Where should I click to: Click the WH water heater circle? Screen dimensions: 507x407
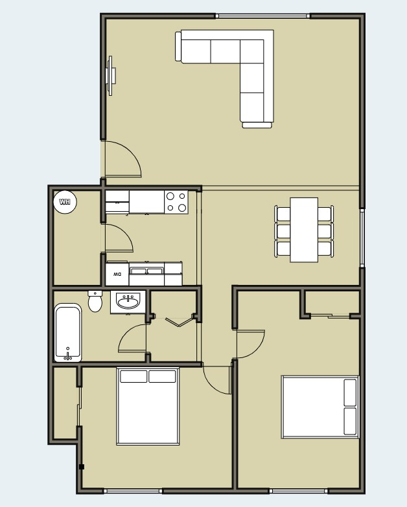pyautogui.click(x=65, y=202)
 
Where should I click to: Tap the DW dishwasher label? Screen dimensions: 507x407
pyautogui.click(x=117, y=274)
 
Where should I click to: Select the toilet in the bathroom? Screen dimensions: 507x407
pyautogui.click(x=95, y=301)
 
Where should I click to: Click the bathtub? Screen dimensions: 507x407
pyautogui.click(x=67, y=333)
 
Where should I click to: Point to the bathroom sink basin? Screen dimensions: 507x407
pyautogui.click(x=128, y=301)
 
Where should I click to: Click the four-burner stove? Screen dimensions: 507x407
pyautogui.click(x=176, y=202)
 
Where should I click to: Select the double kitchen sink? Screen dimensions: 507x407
pyautogui.click(x=146, y=271)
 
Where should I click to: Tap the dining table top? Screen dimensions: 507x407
pyautogui.click(x=304, y=230)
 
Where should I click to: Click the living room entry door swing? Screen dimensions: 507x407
pyautogui.click(x=123, y=160)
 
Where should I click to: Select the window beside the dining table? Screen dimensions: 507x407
pyautogui.click(x=362, y=236)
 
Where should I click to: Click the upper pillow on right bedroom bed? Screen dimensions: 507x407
pyautogui.click(x=350, y=393)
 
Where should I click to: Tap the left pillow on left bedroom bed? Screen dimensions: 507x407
pyautogui.click(x=133, y=376)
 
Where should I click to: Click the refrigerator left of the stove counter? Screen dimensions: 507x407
pyautogui.click(x=117, y=201)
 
